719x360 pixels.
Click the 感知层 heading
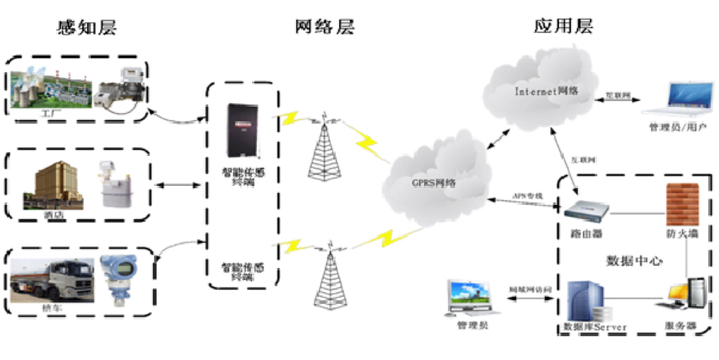(86, 27)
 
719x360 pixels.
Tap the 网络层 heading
(325, 27)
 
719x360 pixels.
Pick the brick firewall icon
(682, 203)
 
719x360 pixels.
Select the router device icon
(585, 211)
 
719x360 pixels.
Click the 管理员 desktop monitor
(473, 298)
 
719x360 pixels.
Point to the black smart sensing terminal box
(241, 129)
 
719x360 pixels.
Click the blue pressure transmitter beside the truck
(119, 280)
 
